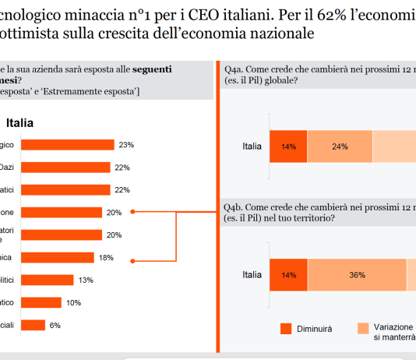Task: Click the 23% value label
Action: (126, 145)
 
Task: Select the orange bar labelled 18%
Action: (57, 257)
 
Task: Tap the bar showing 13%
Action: (47, 280)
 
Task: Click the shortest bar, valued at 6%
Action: (32, 325)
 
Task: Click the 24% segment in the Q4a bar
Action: (340, 146)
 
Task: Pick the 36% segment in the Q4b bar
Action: (357, 275)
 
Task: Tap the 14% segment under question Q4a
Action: (289, 146)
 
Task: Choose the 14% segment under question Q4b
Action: (289, 275)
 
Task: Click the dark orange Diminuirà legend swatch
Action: (285, 329)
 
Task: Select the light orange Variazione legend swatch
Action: (363, 329)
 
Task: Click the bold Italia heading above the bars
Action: (19, 122)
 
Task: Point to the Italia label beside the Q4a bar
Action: (252, 146)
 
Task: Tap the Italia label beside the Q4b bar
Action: (252, 275)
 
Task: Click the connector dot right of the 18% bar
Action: (134, 260)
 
